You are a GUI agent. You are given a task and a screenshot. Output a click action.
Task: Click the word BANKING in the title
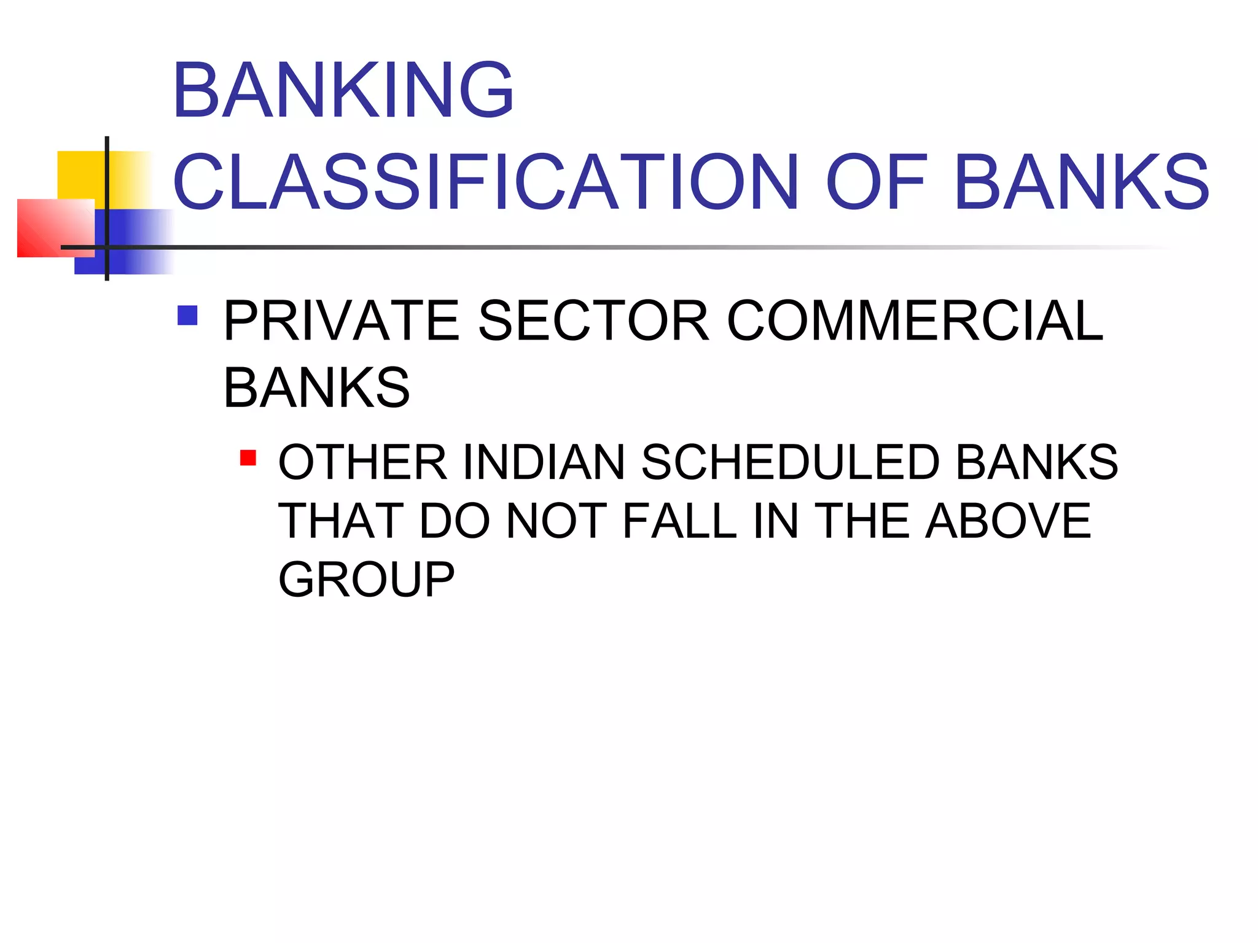[343, 90]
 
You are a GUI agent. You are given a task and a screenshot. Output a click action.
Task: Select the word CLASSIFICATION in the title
[486, 182]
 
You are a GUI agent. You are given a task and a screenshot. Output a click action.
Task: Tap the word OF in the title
[877, 182]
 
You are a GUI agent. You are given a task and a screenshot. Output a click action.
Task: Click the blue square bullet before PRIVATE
[187, 316]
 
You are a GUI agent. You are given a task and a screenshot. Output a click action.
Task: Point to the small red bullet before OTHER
[248, 458]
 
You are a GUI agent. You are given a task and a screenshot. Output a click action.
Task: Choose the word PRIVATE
[342, 320]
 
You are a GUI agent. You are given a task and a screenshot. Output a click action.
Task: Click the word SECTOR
[593, 320]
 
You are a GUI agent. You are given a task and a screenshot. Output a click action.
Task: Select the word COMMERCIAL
[915, 320]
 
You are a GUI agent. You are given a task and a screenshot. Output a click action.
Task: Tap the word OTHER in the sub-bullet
[362, 462]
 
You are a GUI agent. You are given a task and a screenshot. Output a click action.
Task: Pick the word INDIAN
[544, 462]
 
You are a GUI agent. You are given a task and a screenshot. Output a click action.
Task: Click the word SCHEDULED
[790, 462]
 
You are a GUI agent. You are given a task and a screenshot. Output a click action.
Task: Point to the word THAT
[340, 521]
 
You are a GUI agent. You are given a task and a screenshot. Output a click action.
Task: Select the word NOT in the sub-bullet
[557, 521]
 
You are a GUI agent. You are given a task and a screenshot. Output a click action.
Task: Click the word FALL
[679, 521]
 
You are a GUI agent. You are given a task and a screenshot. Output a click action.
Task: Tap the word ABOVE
[1008, 521]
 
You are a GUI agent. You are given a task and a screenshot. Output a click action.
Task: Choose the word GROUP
[367, 580]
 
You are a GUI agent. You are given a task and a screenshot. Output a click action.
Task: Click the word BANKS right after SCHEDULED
[1037, 462]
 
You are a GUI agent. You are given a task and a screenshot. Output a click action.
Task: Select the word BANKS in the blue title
[1082, 182]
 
